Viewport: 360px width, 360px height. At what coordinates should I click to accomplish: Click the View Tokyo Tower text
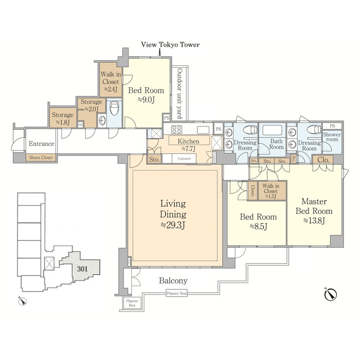click(x=170, y=45)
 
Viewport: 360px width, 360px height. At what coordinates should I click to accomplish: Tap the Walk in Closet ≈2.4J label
click(x=110, y=81)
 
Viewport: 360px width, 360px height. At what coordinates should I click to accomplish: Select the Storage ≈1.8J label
click(x=62, y=118)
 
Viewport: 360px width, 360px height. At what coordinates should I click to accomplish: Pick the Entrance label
click(x=41, y=144)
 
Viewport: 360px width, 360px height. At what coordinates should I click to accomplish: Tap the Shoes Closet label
click(x=41, y=158)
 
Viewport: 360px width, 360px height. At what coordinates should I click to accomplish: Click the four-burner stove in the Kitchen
click(x=177, y=130)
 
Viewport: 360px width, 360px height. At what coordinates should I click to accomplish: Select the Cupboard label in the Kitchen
click(x=184, y=159)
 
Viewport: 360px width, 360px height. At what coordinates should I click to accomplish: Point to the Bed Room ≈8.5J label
click(x=257, y=221)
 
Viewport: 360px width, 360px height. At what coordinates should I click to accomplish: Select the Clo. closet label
click(x=323, y=159)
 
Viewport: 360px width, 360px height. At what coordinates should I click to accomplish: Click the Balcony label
click(x=173, y=281)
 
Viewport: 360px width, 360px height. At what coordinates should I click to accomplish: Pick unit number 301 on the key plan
click(x=83, y=268)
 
